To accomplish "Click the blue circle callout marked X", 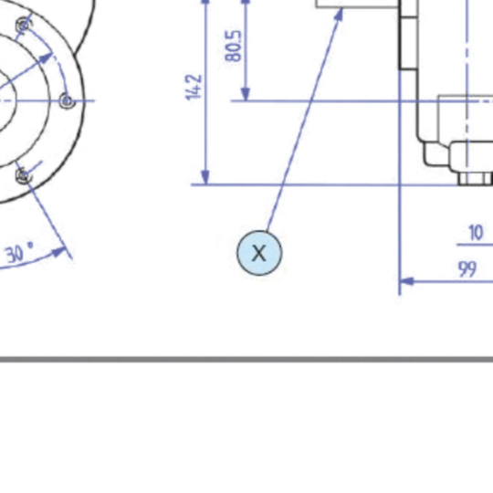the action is (x=259, y=253).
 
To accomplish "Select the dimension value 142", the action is (x=194, y=87).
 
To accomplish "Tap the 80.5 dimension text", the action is (x=234, y=46).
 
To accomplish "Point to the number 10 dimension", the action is (x=476, y=233).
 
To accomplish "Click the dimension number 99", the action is (x=467, y=269).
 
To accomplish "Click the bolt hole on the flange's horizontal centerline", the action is (x=67, y=101).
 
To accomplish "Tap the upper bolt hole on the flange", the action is (x=24, y=26).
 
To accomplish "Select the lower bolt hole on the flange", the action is (x=24, y=176).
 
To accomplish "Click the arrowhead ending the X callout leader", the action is (x=339, y=15).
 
